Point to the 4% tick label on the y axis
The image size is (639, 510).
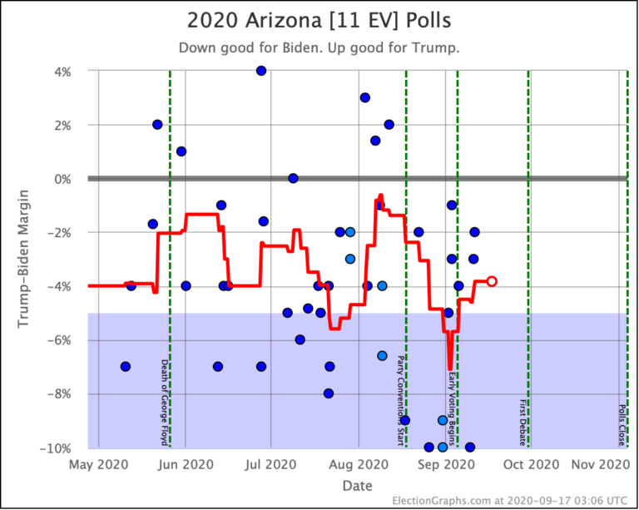coord(62,72)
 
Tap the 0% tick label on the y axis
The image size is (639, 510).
coord(62,179)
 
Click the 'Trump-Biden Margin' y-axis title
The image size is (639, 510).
coord(23,260)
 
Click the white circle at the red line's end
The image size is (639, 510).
coord(492,281)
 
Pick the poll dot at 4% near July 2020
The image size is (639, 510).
coord(261,71)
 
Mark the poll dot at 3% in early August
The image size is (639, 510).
coord(364,97)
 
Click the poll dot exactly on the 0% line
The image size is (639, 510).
coord(293,178)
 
